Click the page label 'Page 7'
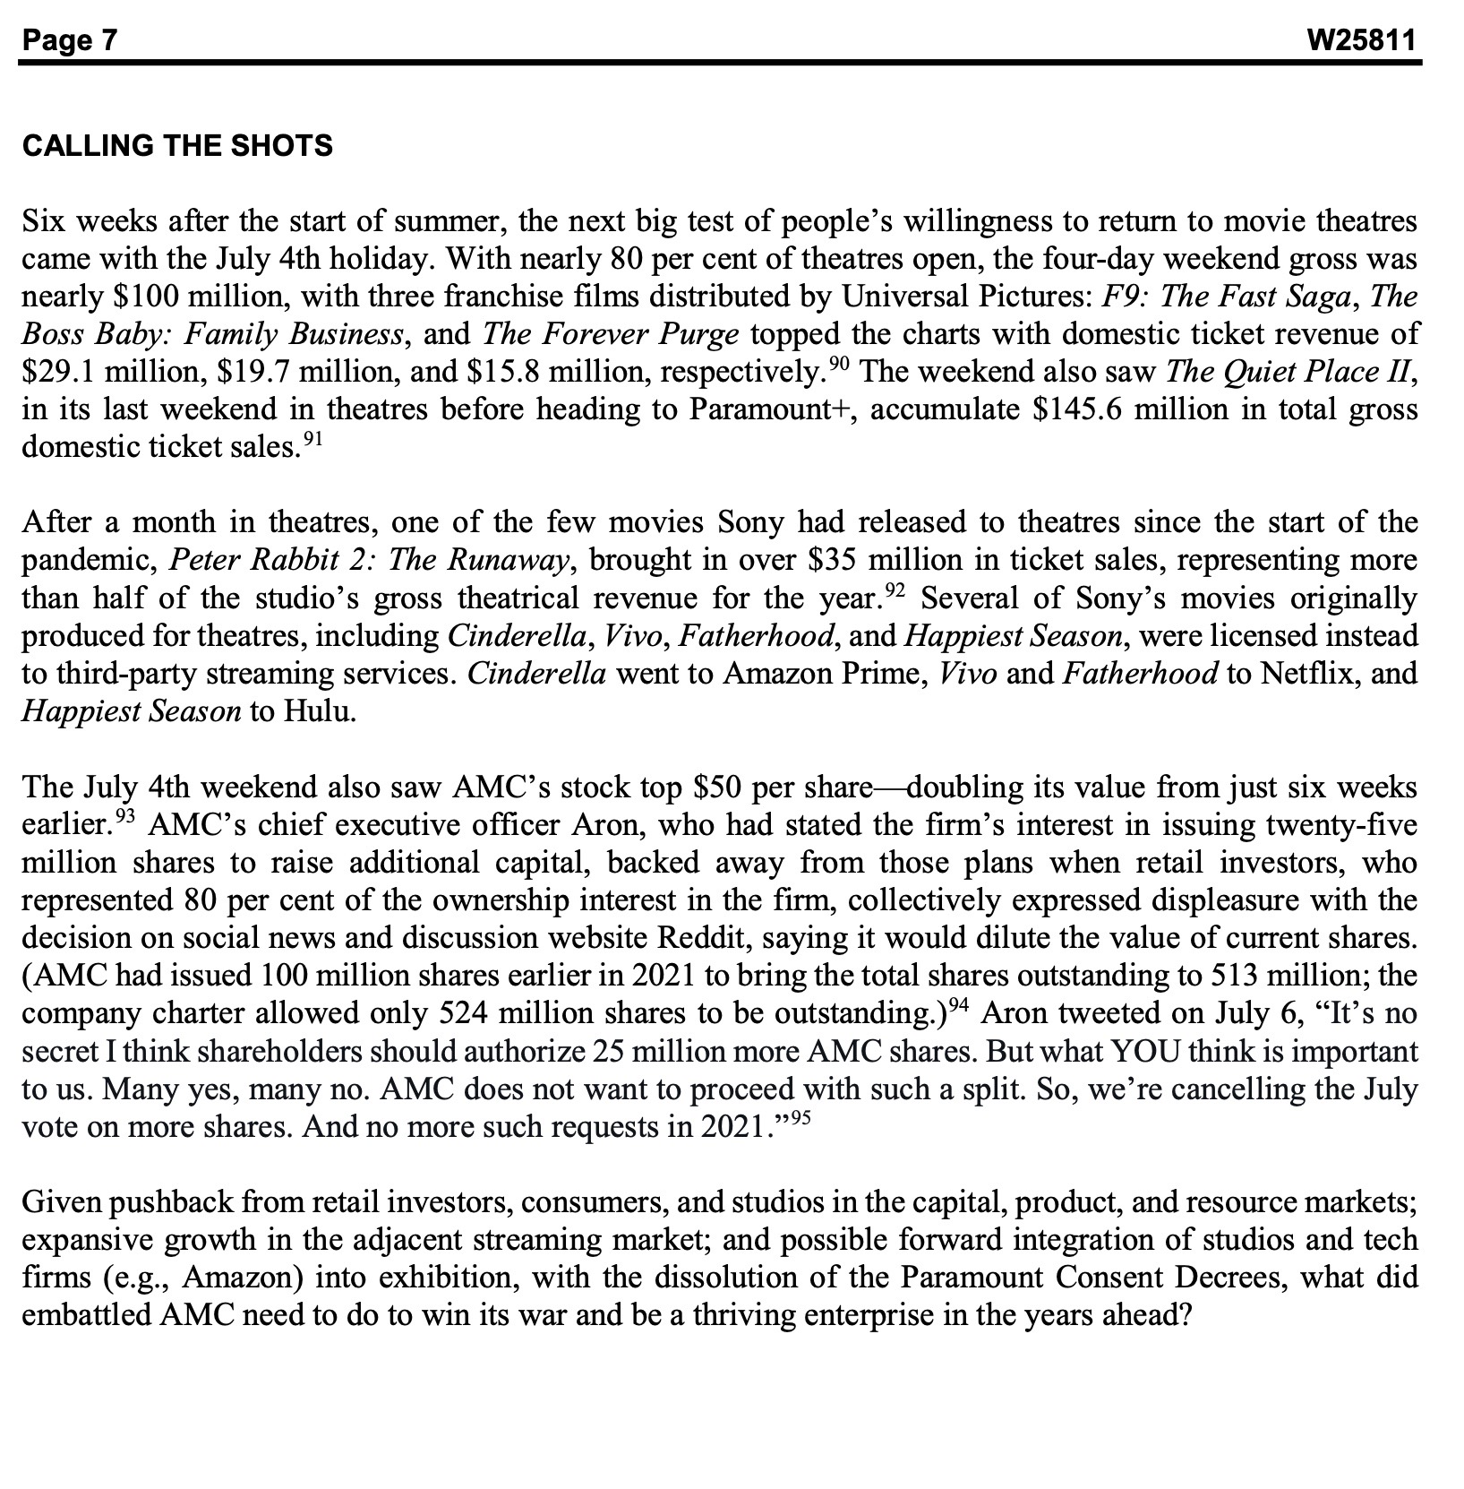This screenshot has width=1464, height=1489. pos(70,40)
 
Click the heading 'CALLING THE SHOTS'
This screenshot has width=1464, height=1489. pos(177,145)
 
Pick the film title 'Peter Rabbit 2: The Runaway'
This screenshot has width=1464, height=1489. pos(369,561)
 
